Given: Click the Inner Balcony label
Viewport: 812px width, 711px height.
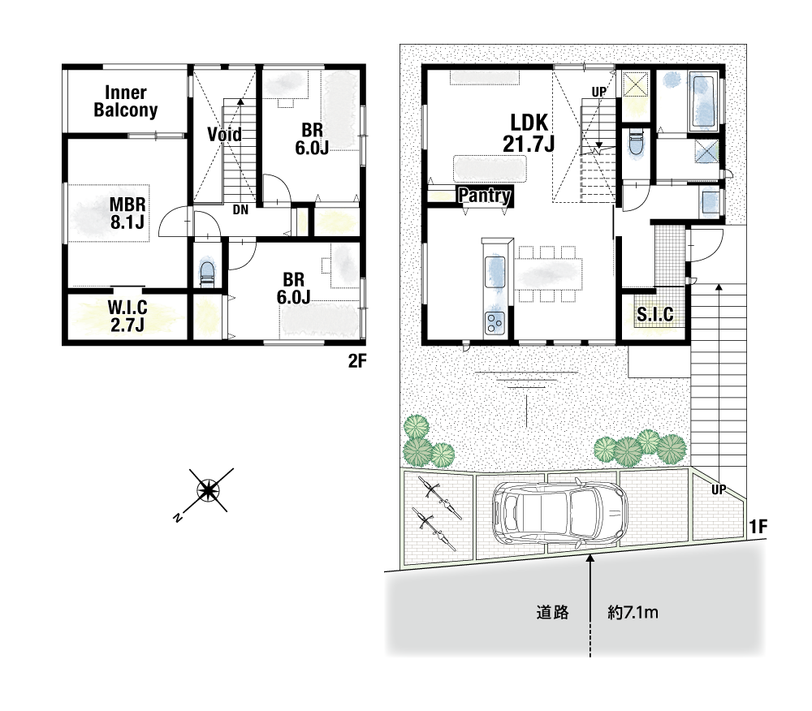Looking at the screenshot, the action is [x=125, y=101].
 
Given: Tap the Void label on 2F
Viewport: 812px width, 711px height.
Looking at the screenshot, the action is [x=224, y=135].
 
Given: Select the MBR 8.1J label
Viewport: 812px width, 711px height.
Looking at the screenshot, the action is [x=127, y=213].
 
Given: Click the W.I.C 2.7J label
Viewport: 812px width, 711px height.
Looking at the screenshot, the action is [x=127, y=316].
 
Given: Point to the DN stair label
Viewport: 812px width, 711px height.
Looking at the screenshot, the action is [x=240, y=210].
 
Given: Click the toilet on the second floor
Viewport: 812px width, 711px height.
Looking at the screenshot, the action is [x=206, y=274].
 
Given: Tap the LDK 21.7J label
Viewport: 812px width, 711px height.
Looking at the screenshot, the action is [x=529, y=133].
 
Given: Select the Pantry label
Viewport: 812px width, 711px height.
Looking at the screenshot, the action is [x=485, y=195].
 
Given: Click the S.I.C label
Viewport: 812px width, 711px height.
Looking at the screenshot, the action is [x=655, y=314].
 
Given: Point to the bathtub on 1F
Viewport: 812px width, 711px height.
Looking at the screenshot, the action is [x=703, y=102].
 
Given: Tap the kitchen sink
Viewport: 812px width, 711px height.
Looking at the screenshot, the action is [x=494, y=272].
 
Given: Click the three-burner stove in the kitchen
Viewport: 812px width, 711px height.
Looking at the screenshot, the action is [x=494, y=323].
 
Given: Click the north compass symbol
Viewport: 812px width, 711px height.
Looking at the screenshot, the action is [x=208, y=490].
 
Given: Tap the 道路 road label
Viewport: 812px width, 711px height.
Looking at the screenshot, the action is [x=552, y=613].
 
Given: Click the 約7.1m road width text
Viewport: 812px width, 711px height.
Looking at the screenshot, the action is [x=633, y=613].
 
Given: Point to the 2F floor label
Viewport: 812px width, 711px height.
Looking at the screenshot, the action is [x=356, y=361].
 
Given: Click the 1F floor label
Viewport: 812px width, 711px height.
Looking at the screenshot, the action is [x=758, y=527].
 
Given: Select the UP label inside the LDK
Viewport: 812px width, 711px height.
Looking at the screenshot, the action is [x=598, y=92].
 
